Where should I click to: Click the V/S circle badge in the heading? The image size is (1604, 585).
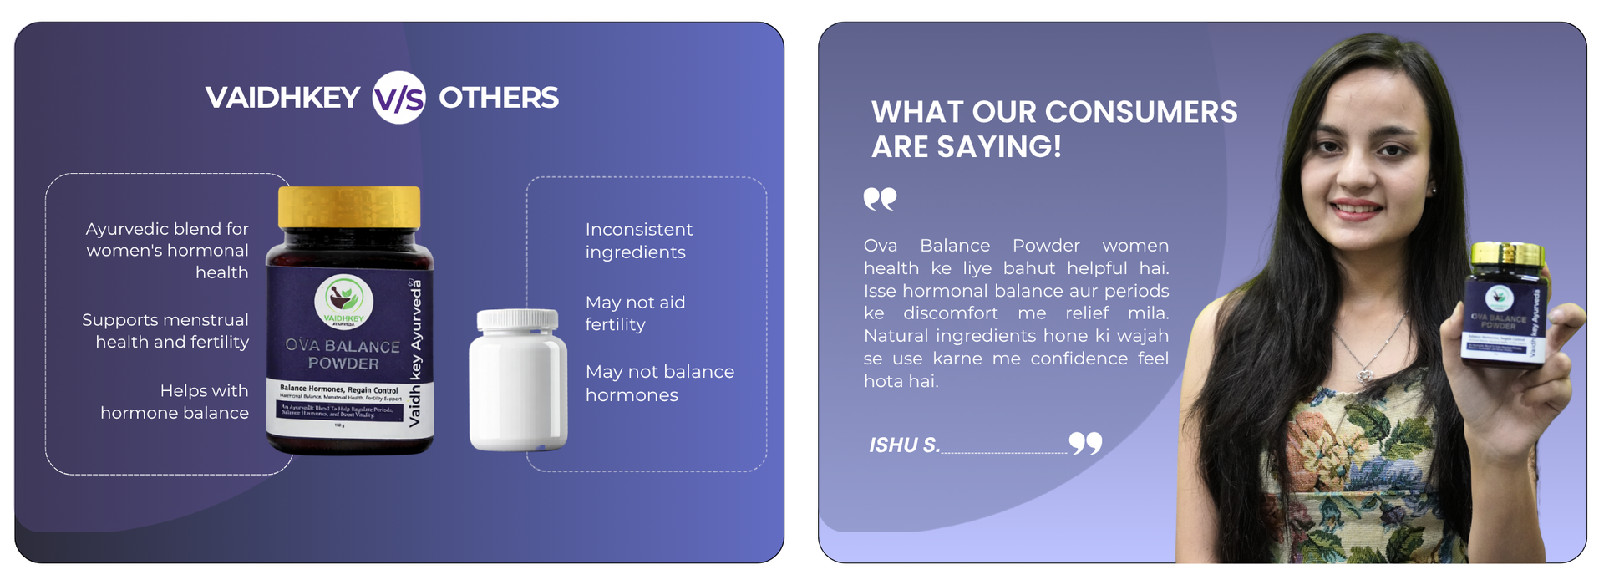398,98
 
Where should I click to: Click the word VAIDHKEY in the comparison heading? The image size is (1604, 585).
282,98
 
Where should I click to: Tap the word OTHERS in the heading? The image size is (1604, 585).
499,98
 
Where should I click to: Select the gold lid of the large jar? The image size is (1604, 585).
349,206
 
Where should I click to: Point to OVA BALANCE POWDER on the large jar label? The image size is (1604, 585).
343,354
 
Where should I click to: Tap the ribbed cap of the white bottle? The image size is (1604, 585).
517,318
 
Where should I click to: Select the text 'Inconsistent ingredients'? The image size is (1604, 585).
638,241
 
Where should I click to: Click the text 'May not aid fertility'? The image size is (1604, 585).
635,313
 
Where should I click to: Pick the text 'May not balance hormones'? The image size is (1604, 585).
659,383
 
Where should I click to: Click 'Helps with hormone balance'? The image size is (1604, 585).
175,401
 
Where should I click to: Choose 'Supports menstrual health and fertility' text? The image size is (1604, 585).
165,331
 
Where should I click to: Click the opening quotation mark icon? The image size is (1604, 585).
880,199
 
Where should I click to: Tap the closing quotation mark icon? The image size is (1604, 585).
1085,443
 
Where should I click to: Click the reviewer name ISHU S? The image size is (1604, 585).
904,445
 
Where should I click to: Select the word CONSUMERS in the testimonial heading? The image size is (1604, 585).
1141,112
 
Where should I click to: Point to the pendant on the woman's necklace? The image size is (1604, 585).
1365,375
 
